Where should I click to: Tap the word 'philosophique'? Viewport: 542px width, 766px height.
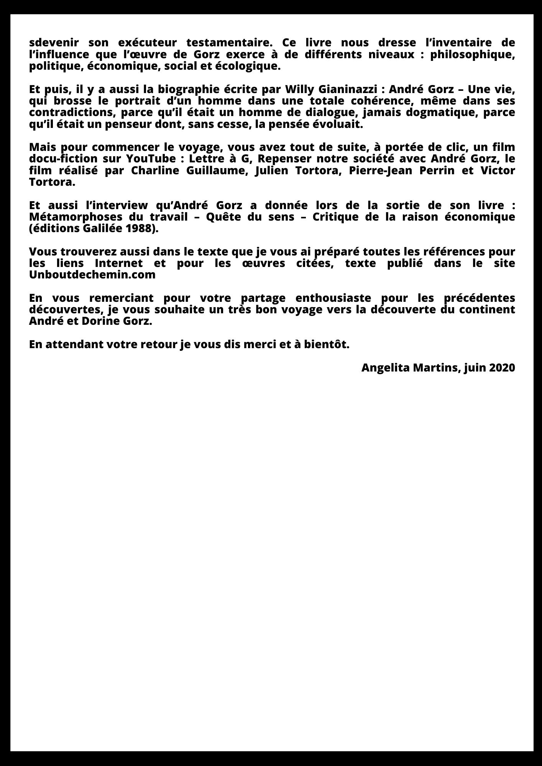(472, 54)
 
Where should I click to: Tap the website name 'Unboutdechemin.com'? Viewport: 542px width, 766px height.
(92, 275)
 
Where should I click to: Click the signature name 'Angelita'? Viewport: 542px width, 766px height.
(385, 368)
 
